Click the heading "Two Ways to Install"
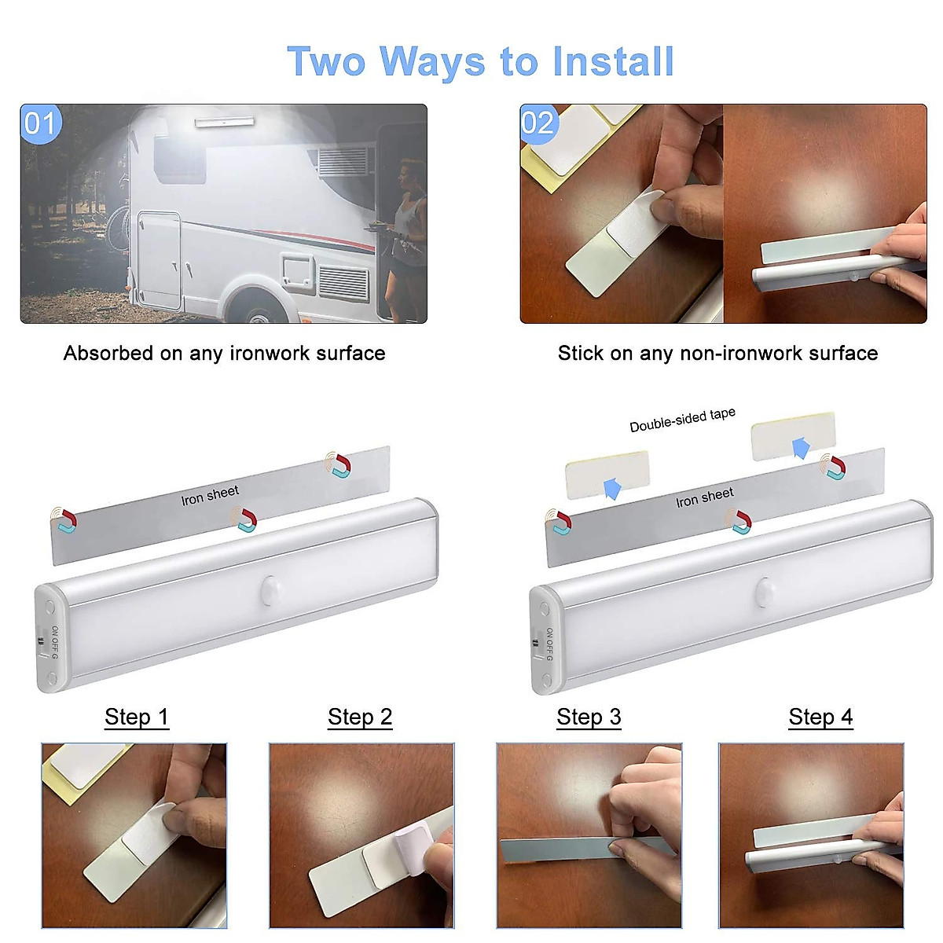480,62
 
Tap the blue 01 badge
41,124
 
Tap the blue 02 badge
538,123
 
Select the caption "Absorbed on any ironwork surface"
224,354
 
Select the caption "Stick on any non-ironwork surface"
717,354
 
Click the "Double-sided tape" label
682,420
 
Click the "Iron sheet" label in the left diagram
210,495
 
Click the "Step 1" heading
137,717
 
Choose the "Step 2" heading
360,717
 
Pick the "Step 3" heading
589,717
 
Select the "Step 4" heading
820,717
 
